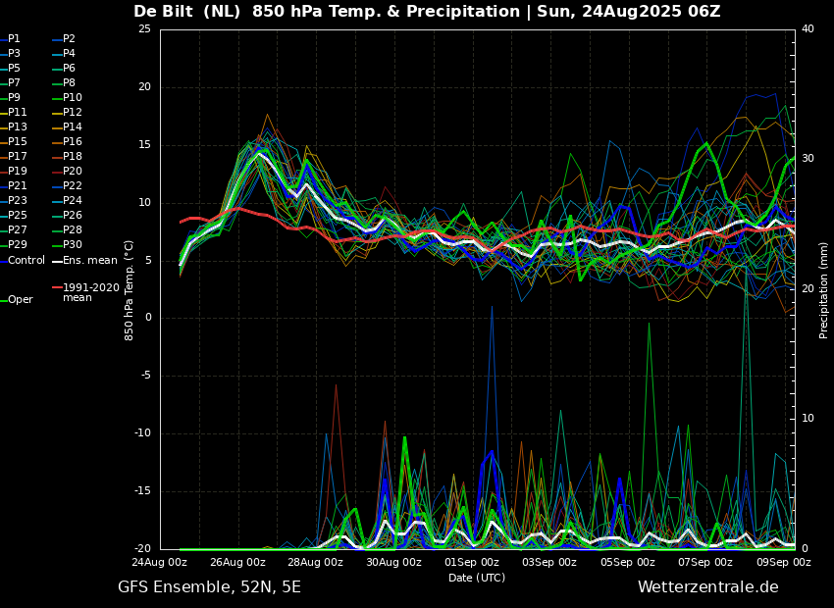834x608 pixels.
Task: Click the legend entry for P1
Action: [x=11, y=39]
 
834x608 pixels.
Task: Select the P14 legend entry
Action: [x=67, y=127]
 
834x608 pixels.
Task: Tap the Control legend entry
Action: [x=23, y=261]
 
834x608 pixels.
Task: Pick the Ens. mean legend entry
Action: [x=84, y=261]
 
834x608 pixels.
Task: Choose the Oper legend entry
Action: [x=17, y=300]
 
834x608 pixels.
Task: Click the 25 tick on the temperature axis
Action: [x=144, y=28]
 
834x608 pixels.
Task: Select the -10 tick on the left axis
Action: [x=142, y=433]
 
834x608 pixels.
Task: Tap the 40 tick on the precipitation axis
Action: [x=808, y=28]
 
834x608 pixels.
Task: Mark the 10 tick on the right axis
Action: [x=808, y=419]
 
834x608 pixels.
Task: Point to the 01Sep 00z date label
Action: [x=472, y=562]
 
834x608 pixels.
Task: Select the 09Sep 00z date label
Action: [x=784, y=562]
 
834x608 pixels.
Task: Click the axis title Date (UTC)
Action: [x=477, y=578]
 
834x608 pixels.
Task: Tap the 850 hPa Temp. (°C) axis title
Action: [x=130, y=290]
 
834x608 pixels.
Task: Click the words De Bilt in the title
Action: [x=163, y=11]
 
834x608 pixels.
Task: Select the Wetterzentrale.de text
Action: [x=708, y=587]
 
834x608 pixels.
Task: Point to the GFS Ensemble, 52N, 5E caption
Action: [x=209, y=587]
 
